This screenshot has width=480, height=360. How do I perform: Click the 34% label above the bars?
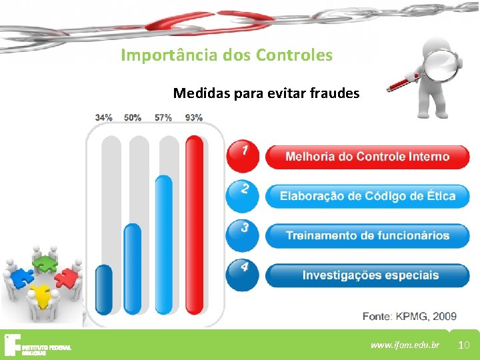click(103, 117)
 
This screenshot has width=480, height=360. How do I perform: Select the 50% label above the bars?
click(133, 117)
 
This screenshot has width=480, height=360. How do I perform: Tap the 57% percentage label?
click(163, 117)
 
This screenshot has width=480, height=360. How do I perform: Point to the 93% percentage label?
click(194, 117)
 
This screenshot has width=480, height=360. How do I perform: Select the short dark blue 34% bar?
click(104, 289)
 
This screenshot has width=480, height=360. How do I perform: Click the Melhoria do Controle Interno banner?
click(367, 157)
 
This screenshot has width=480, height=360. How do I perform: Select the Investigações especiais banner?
click(367, 275)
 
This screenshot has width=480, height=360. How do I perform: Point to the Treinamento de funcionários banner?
click(367, 235)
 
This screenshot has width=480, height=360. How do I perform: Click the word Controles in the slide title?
click(299, 55)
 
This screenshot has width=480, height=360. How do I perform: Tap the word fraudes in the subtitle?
click(335, 93)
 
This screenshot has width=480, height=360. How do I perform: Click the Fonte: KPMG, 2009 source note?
click(409, 315)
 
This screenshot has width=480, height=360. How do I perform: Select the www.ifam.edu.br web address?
click(405, 345)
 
